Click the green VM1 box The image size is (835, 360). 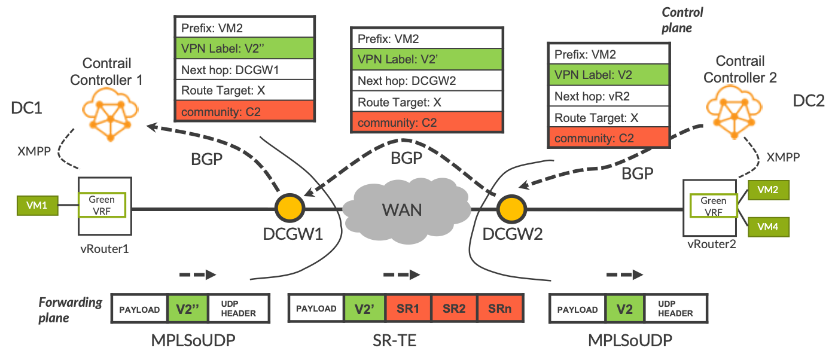pyautogui.click(x=36, y=206)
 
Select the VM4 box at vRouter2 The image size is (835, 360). pyautogui.click(x=768, y=227)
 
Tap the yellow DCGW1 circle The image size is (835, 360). pyautogui.click(x=290, y=208)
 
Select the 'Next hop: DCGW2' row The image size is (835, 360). pyautogui.click(x=426, y=81)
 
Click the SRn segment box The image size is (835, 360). pyautogui.click(x=500, y=309)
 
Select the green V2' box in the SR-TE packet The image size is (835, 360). pyautogui.click(x=364, y=309)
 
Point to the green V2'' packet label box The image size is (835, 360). pyautogui.click(x=187, y=309)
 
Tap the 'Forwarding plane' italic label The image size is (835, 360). pyautogui.click(x=71, y=309)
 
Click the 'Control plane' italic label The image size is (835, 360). pyautogui.click(x=682, y=20)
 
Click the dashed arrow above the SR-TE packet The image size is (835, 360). pyautogui.click(x=401, y=275)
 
